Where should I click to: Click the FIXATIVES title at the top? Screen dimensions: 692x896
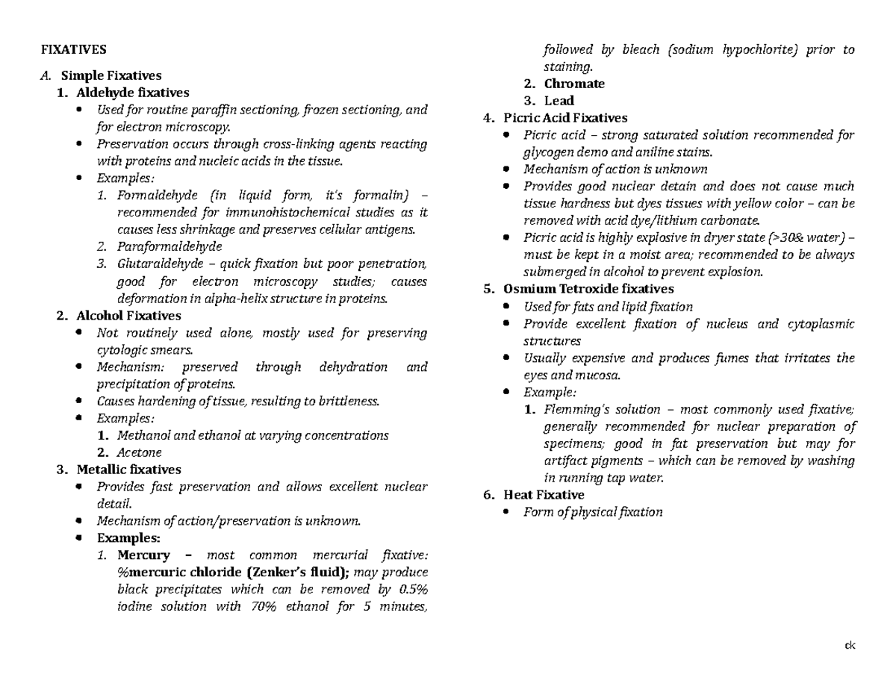[73, 50]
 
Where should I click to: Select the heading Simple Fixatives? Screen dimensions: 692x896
[111, 75]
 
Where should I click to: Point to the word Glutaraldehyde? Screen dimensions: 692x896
[155, 264]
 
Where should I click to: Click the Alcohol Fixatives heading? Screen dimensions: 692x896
[128, 315]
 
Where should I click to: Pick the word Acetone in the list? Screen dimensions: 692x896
[140, 452]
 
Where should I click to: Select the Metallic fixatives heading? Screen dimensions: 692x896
[128, 470]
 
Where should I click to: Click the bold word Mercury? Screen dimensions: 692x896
[143, 555]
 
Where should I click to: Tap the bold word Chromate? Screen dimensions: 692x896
[574, 84]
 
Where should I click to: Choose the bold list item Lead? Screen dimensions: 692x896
[559, 101]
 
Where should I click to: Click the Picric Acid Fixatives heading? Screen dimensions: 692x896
[565, 118]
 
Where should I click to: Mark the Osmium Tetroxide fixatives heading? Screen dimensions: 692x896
[588, 289]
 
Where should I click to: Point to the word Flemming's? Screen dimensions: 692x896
[571, 409]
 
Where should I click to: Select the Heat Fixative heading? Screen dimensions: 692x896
[544, 495]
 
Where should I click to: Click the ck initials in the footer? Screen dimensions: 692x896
[850, 645]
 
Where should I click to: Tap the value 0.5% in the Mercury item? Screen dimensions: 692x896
[412, 590]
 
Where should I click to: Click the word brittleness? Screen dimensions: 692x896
[348, 401]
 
